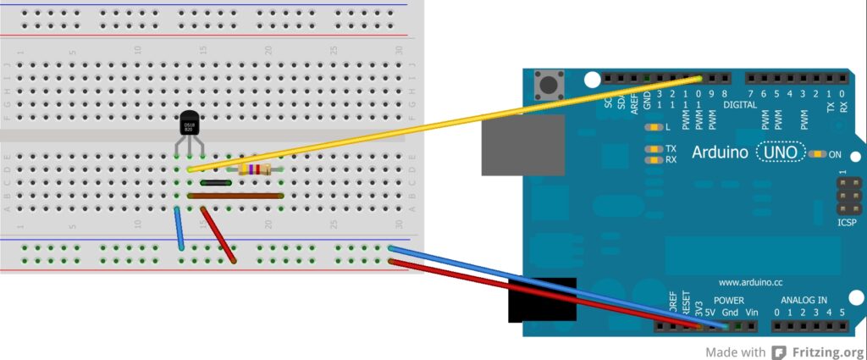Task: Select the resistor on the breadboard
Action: (255, 169)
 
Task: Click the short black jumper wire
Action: (216, 182)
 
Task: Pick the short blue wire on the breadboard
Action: (179, 227)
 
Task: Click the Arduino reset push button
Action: (549, 84)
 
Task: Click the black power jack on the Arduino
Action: (542, 301)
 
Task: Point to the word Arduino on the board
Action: (721, 153)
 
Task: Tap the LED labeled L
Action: (653, 128)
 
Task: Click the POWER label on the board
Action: (728, 301)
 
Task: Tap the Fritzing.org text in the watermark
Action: (828, 352)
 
